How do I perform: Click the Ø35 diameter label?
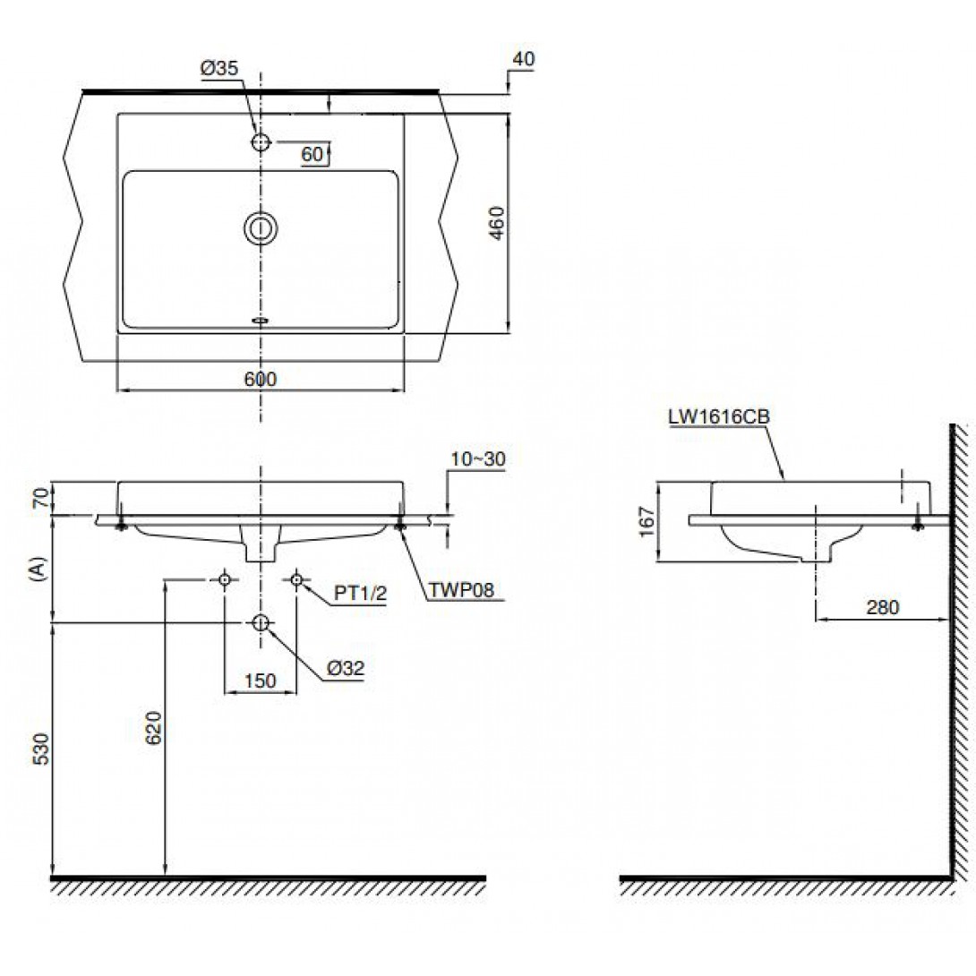point(219,68)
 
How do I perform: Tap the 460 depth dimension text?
point(497,223)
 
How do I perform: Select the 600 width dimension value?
point(261,379)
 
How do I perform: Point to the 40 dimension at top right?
point(524,58)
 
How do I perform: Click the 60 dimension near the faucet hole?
point(312,154)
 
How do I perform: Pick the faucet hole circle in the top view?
point(261,142)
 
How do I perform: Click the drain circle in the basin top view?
point(261,228)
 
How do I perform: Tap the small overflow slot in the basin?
point(261,321)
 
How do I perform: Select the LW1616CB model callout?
point(719,416)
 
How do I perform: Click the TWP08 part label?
point(461,590)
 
